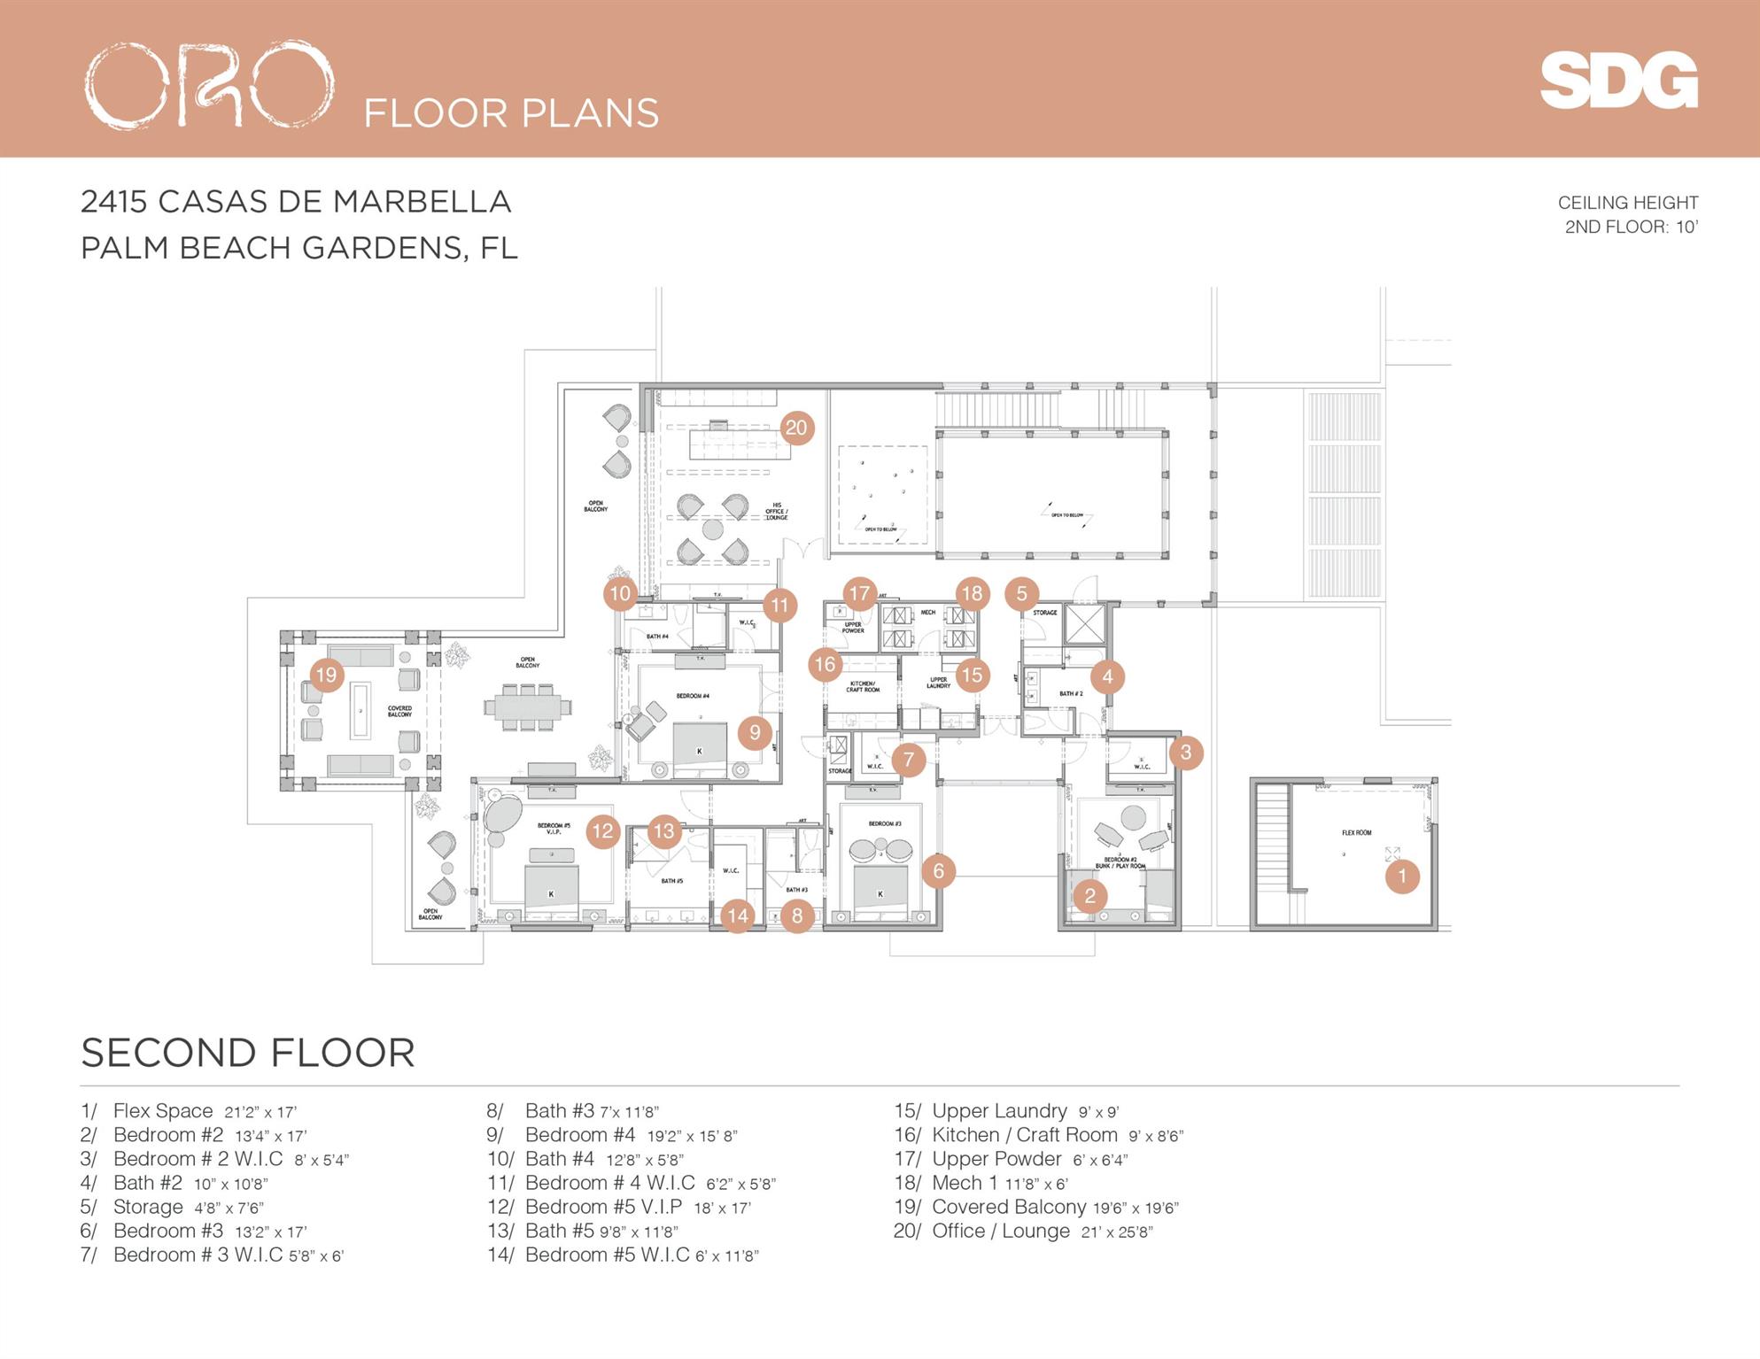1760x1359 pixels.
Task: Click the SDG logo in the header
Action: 1618,81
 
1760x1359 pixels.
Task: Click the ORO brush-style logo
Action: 209,85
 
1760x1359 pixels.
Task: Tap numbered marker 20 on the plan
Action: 796,429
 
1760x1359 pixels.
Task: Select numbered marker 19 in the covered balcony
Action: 326,676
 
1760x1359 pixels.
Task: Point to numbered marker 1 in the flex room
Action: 1401,876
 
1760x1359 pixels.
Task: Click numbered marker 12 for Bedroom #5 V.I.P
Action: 602,831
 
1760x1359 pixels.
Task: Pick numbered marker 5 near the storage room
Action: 1021,594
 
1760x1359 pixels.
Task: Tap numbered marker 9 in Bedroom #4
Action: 755,732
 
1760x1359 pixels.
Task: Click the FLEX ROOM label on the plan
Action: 1356,832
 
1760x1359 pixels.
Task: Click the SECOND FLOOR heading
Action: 248,1053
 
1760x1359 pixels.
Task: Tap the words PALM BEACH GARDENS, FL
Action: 299,248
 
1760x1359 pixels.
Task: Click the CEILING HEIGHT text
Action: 1627,203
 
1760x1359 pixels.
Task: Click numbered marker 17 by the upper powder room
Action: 859,593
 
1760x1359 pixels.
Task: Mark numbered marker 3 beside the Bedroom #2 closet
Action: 1185,753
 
